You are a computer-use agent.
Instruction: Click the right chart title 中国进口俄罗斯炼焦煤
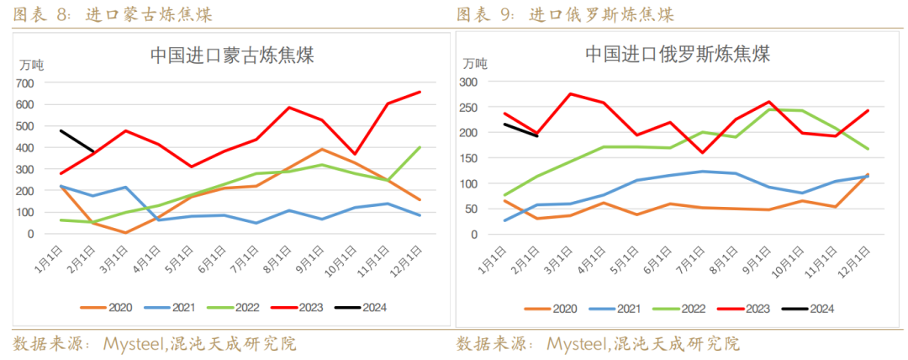(x=677, y=55)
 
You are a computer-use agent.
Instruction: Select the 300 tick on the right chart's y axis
(x=467, y=82)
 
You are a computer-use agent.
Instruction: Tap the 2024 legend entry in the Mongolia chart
(x=366, y=307)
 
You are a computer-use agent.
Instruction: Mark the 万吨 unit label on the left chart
(x=33, y=65)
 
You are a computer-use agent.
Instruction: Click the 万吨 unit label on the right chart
(x=474, y=63)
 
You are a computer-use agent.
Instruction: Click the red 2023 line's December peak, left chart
(x=420, y=92)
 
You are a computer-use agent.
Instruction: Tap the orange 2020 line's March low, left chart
(x=124, y=233)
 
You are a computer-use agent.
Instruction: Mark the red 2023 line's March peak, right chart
(x=572, y=93)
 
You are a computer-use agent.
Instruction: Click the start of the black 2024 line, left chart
(x=61, y=130)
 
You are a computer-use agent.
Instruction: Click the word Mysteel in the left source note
(x=134, y=344)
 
